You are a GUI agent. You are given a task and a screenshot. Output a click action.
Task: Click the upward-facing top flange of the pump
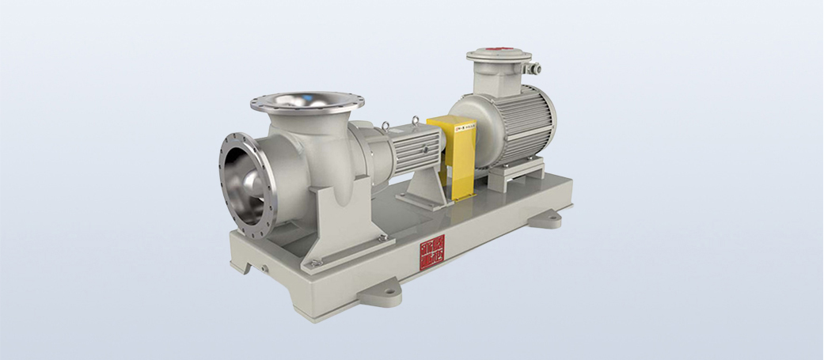[307, 103]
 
